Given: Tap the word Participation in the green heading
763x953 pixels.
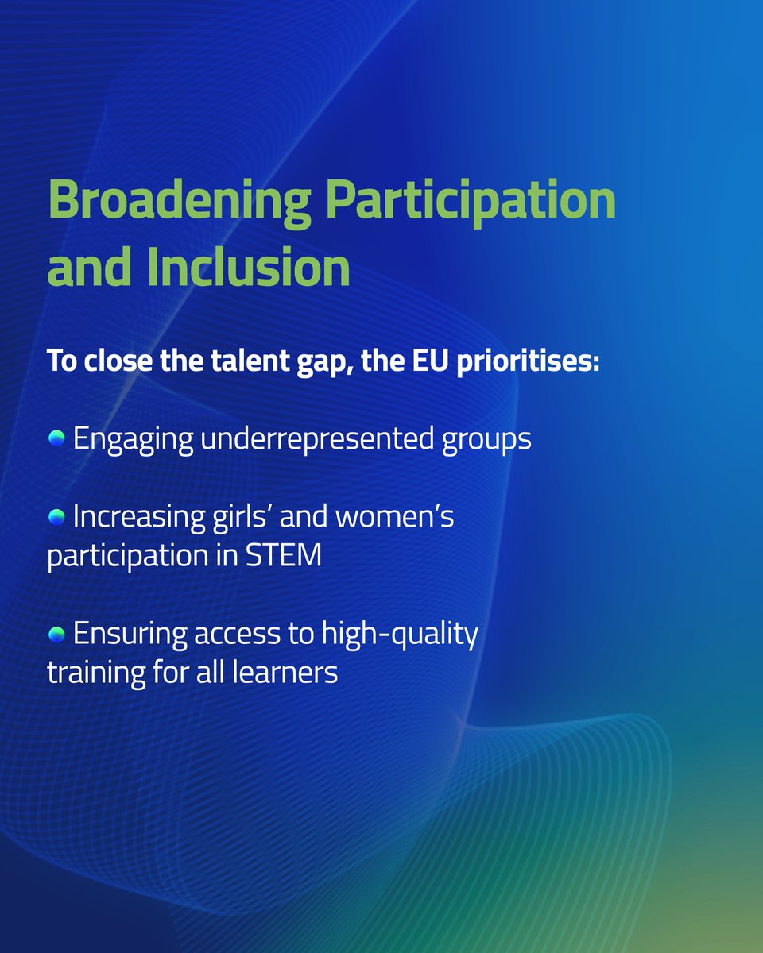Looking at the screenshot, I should click(472, 202).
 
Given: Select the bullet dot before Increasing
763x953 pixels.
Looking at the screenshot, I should click(56, 517).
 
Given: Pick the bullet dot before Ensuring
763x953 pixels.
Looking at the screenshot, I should click(56, 635).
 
